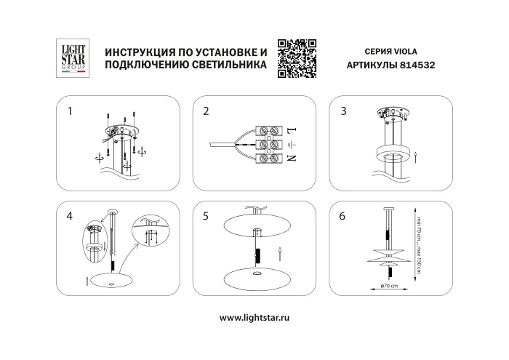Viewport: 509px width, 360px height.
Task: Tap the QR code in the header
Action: [297, 57]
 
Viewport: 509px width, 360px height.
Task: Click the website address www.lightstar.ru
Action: [254, 318]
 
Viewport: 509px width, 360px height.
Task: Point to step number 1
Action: [70, 111]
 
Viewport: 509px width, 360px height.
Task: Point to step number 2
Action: [207, 111]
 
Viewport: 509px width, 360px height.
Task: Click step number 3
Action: [343, 111]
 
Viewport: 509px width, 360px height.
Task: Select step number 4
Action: [70, 216]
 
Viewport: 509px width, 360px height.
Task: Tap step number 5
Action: [207, 216]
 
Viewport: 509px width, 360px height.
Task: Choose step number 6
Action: [343, 216]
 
